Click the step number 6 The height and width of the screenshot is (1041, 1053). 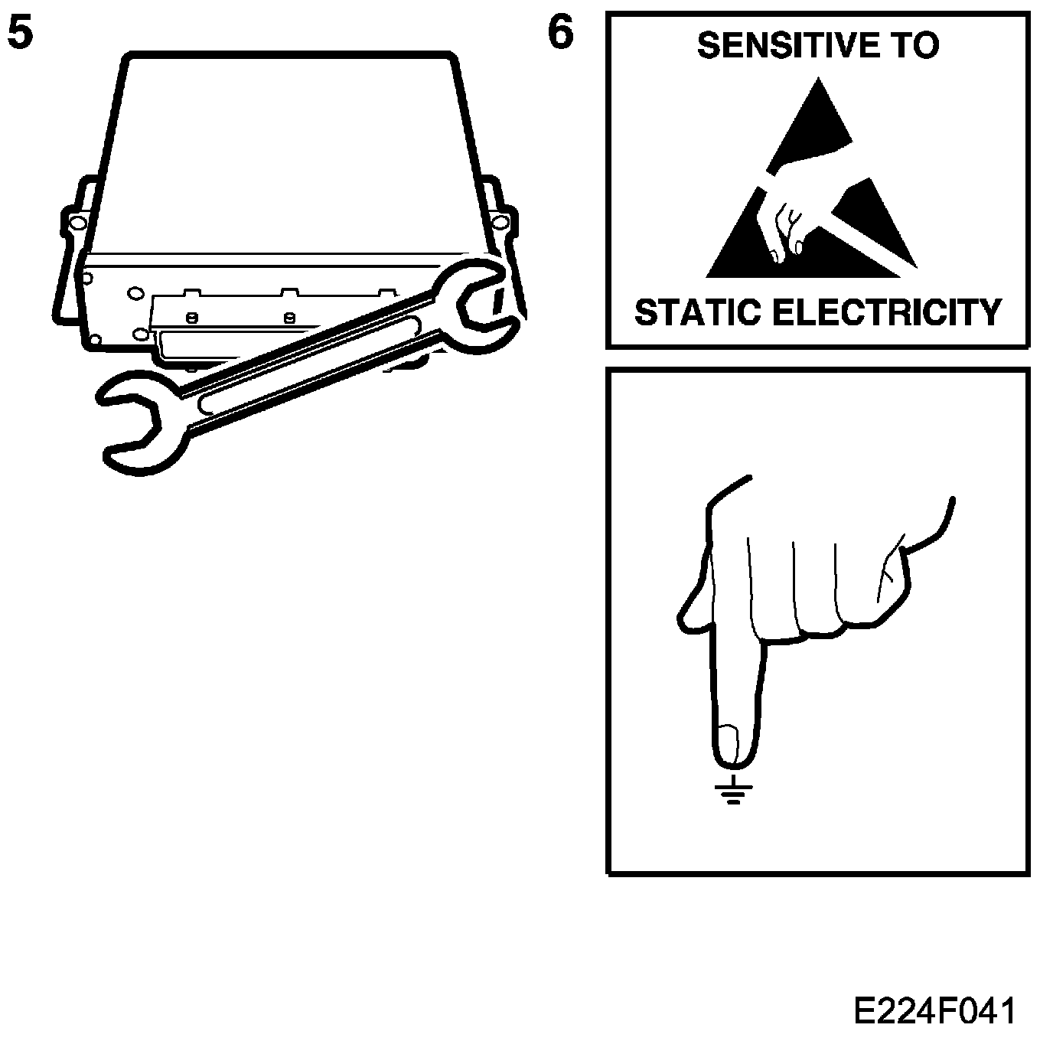[x=561, y=35]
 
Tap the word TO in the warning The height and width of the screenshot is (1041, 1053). [x=913, y=46]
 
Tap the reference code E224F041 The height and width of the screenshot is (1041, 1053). [x=935, y=1010]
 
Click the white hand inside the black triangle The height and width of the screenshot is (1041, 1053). [x=784, y=214]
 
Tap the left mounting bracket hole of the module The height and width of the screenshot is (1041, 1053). [x=74, y=223]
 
